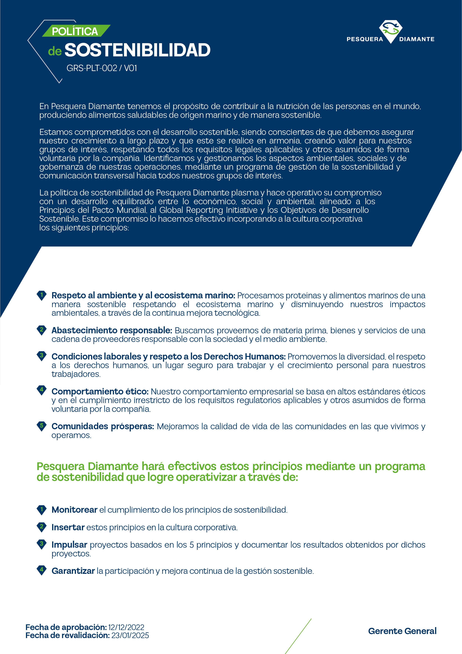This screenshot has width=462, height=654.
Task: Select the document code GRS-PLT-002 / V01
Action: coord(102,68)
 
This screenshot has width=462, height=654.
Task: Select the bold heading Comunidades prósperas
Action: coord(103,426)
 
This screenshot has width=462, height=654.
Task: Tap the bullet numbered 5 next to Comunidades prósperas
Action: coord(42,426)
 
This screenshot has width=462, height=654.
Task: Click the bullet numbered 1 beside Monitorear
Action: coord(42,509)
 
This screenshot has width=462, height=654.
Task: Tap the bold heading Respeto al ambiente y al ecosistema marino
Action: coord(143,295)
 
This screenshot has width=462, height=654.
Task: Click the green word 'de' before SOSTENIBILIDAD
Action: coord(55,51)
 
